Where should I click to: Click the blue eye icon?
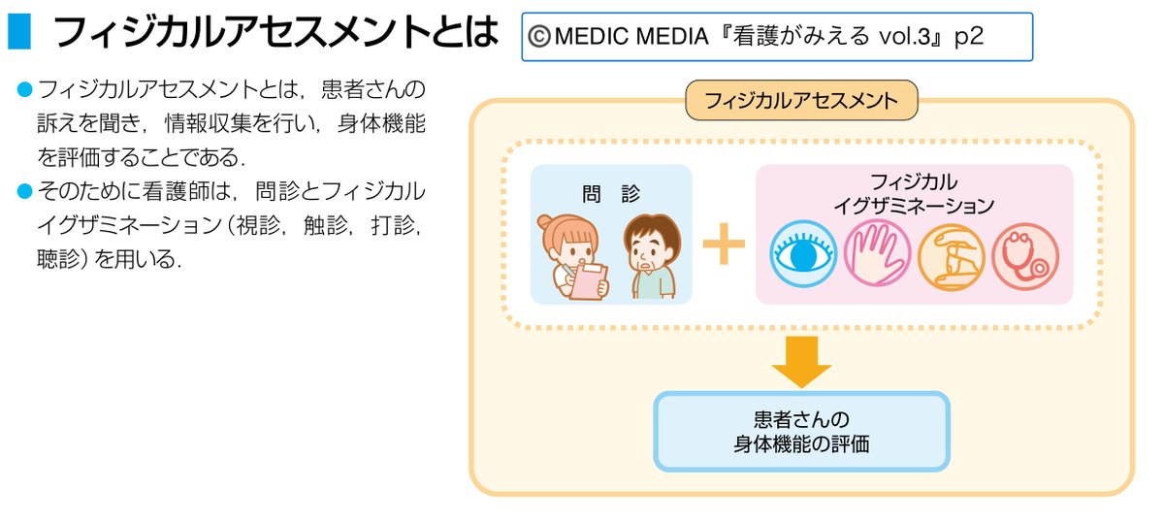pos(803,257)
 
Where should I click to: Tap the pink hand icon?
pos(876,257)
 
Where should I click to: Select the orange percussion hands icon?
pos(951,258)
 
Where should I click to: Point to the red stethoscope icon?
pos(1024,258)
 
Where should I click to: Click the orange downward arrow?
pos(802,362)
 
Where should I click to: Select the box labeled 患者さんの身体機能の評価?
pos(801,432)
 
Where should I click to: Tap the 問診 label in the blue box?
pos(611,193)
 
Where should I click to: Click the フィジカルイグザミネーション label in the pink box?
pos(914,193)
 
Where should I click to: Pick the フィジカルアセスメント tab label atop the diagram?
pos(801,101)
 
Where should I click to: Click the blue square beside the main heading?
pos(19,32)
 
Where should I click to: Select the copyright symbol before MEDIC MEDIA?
pos(540,38)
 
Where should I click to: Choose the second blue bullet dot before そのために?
pos(25,188)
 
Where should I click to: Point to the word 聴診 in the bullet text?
pos(57,260)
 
